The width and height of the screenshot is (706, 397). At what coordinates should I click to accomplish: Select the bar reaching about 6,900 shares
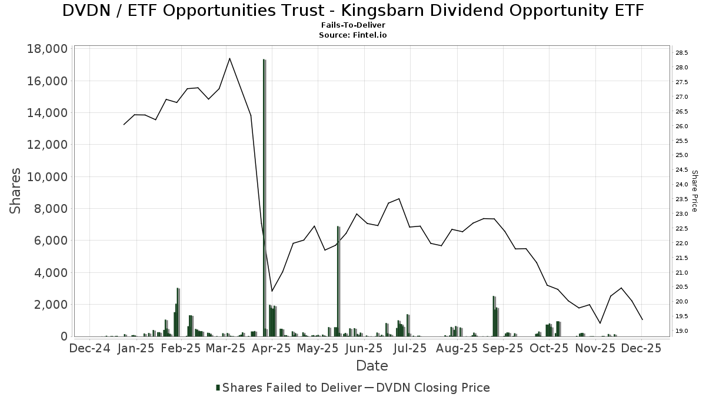338,281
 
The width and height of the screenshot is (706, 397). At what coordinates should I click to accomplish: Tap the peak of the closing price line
229,58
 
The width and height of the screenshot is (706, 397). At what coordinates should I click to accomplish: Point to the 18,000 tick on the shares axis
48,49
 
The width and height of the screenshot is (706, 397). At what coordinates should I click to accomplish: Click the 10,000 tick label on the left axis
48,176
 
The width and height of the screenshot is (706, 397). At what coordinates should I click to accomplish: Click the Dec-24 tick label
90,348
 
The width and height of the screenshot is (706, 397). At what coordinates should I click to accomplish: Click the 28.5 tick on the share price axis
682,53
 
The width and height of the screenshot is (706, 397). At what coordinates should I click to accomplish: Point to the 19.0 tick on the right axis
682,331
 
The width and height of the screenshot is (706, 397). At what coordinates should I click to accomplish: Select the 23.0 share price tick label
682,214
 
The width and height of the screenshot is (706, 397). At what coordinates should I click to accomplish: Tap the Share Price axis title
694,191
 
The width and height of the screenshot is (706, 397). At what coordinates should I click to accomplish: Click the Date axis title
372,366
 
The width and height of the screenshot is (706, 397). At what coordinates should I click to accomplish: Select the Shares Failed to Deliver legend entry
289,388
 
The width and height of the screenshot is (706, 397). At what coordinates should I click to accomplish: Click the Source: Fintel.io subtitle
353,35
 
